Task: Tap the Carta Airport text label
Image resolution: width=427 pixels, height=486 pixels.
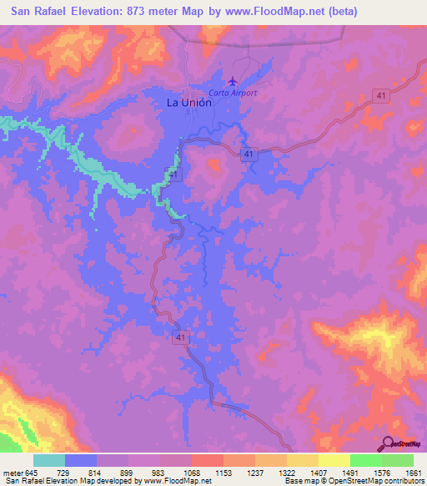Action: tap(233, 93)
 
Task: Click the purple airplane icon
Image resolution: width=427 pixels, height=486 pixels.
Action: tap(231, 80)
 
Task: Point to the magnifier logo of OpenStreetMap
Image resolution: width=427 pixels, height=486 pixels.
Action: tap(389, 444)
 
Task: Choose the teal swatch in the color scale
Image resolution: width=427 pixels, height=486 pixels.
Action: tap(49, 460)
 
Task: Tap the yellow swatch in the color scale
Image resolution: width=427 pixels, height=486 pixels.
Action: tap(334, 460)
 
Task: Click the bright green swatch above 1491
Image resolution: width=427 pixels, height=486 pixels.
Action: tap(365, 460)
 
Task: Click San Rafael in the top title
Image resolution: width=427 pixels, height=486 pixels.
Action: tap(34, 12)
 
